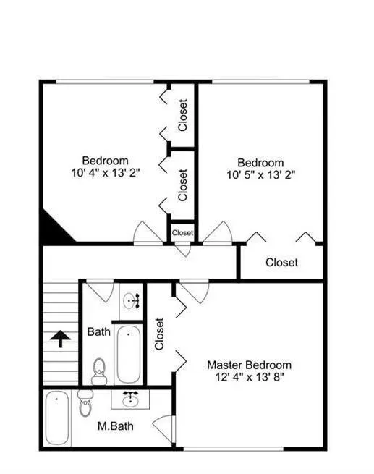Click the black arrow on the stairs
60,338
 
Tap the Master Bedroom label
249,365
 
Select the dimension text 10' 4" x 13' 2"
105,172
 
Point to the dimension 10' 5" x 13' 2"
260,174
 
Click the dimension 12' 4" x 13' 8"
249,377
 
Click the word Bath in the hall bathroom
99,332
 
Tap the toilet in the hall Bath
100,371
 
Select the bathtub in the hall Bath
129,353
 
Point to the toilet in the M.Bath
85,403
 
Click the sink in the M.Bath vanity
131,399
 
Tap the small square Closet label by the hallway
182,233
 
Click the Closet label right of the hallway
281,262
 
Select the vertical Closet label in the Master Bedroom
160,334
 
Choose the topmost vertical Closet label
182,114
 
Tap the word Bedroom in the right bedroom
260,162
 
